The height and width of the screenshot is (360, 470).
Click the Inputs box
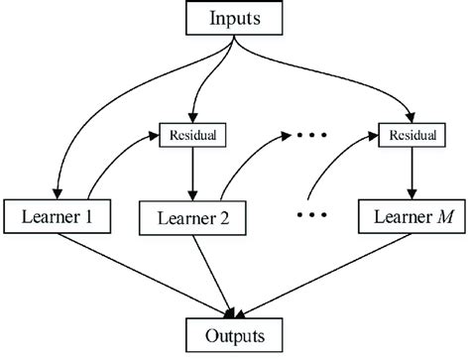(235, 18)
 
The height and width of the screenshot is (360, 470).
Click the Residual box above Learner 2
(188, 131)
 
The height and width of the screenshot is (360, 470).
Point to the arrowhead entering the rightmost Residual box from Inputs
(409, 114)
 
